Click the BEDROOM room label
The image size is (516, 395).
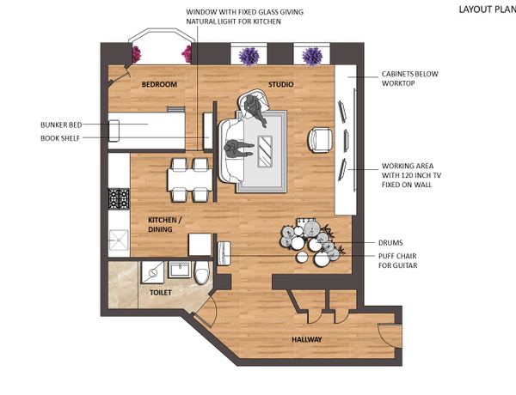coord(159,84)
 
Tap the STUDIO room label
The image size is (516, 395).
coord(280,84)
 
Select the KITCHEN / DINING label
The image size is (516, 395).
coord(164,224)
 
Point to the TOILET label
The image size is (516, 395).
coord(161,292)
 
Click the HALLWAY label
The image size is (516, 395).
coord(307,339)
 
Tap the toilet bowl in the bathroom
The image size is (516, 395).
coord(201,272)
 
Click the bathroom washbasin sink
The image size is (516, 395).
coord(180,269)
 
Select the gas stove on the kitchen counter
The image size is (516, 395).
coord(119,199)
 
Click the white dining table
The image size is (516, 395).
coord(189,179)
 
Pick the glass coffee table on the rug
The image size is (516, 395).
coord(265,151)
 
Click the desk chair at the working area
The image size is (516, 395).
coord(320,140)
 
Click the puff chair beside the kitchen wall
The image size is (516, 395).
coord(224,253)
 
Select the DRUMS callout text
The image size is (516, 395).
coord(390,243)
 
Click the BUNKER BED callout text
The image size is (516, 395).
coord(61,125)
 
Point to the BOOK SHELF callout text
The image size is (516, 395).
coord(60,138)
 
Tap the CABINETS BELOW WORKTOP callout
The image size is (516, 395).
coord(409,78)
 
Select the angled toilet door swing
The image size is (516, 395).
coord(205,311)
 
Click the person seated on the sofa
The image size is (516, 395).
coord(238,149)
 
